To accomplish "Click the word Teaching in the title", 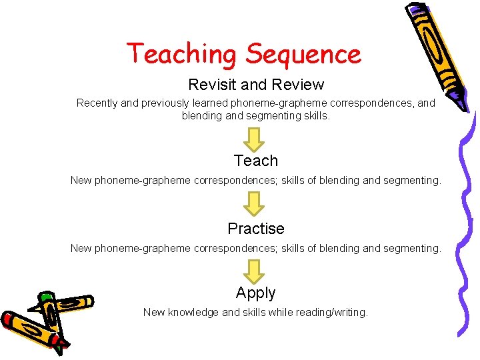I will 182,53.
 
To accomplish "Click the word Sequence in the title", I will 303,53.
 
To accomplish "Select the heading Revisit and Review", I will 256,85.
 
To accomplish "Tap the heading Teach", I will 256,161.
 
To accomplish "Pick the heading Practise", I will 256,229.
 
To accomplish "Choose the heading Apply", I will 256,293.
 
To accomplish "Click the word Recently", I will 97,103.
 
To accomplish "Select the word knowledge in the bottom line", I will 193,312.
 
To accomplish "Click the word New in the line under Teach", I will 81,181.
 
